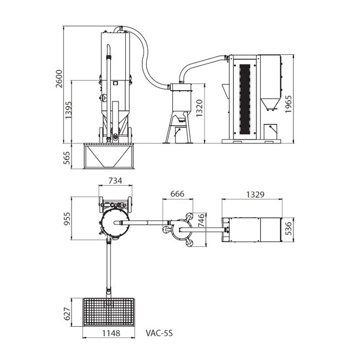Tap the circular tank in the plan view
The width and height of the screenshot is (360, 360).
pos(115,223)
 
